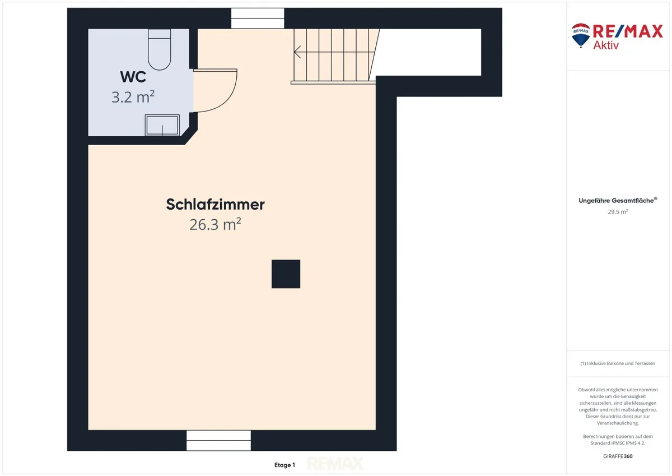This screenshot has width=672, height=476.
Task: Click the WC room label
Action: click(133, 77)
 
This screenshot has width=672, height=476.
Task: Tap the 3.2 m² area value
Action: click(133, 96)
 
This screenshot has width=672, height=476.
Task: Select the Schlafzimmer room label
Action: click(216, 205)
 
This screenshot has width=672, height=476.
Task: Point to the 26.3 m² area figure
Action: click(215, 224)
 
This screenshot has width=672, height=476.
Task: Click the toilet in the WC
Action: click(159, 49)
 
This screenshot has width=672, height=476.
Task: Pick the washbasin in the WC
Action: click(162, 125)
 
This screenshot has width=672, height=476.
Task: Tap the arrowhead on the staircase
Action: click(297, 52)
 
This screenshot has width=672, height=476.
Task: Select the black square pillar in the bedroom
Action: click(286, 274)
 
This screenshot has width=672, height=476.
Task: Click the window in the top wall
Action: click(258, 19)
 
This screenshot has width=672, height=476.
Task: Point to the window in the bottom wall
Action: click(218, 440)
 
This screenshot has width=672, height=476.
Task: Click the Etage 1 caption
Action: click(284, 465)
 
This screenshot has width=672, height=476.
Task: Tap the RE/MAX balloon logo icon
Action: click(581, 35)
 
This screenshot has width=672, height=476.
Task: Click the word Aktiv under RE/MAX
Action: click(606, 45)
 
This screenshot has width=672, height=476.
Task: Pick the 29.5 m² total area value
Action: click(618, 211)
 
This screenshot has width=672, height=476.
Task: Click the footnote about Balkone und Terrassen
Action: click(618, 363)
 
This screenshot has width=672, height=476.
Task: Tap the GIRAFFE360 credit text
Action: click(618, 456)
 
